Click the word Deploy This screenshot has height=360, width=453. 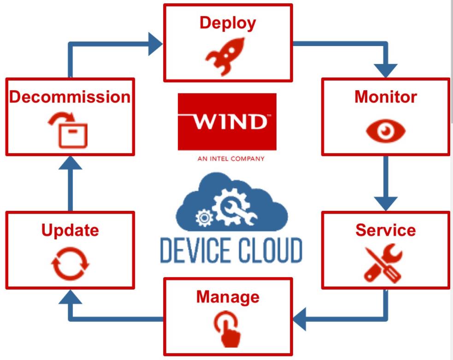228,23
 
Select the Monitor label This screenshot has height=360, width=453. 385,97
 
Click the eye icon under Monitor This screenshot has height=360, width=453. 386,131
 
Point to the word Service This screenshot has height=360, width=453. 385,230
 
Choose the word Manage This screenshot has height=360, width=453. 228,296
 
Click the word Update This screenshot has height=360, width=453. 70,230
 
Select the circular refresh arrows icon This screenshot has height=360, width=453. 70,265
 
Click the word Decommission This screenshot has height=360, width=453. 70,97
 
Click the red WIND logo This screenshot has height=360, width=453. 227,122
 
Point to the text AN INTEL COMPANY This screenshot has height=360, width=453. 230,159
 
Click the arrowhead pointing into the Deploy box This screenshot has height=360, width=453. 155,44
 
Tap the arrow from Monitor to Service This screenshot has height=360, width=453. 386,184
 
